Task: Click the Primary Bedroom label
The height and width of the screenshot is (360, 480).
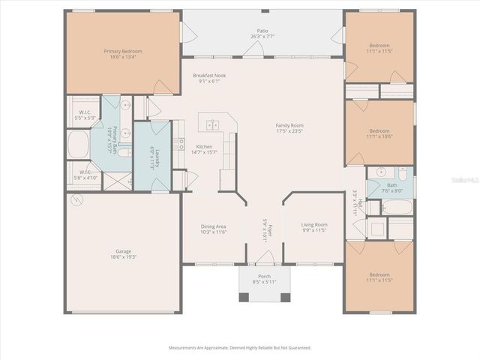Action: (122, 51)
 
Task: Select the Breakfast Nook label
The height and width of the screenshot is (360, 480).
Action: (209, 76)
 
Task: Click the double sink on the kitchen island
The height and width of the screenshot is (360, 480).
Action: (213, 124)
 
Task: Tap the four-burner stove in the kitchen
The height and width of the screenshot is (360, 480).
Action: (179, 143)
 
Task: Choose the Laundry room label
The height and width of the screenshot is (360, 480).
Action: (152, 158)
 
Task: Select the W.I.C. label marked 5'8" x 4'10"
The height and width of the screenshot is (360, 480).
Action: (88, 175)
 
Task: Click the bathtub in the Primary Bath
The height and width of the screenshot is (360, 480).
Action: (78, 145)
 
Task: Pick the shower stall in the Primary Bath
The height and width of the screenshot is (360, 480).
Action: (112, 181)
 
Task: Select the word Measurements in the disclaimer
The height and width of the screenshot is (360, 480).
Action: (186, 347)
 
